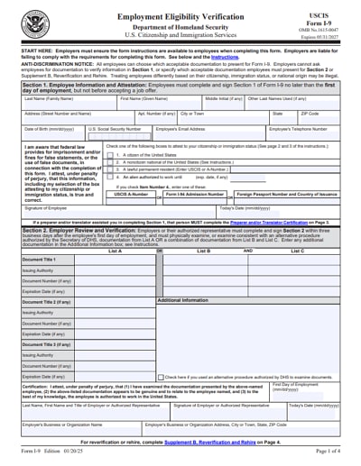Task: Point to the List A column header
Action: [88, 251]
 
